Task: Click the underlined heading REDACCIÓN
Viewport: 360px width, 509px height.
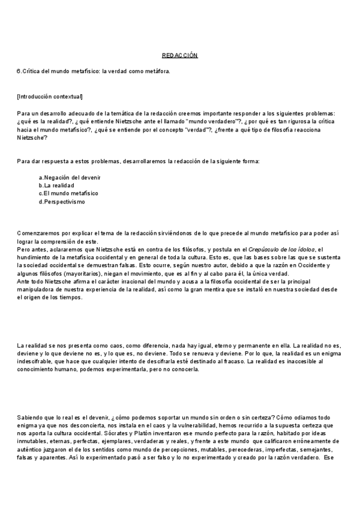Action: (x=180, y=55)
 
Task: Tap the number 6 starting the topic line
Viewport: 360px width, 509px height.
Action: (x=19, y=71)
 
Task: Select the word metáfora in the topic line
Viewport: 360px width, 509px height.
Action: (x=158, y=71)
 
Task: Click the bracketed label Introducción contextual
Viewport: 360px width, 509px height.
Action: (x=50, y=97)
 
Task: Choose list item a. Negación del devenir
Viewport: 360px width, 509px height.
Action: (x=70, y=178)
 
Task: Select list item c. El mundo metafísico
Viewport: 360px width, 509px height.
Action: (x=68, y=193)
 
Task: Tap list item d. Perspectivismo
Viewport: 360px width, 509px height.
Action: (x=62, y=202)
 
